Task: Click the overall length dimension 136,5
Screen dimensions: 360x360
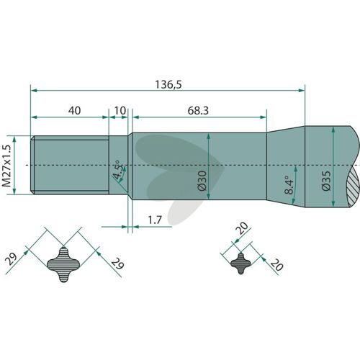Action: click(168, 84)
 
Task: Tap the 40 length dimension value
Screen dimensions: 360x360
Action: click(74, 111)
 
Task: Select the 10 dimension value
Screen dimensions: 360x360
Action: click(120, 111)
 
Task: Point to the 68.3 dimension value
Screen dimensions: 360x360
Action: click(198, 111)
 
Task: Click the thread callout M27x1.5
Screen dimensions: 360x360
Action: click(7, 166)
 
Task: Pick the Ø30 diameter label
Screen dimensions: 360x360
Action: click(202, 181)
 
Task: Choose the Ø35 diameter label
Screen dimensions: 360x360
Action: click(326, 181)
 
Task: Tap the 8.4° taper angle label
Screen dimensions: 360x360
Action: click(289, 184)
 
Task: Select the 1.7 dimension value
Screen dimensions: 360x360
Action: click(155, 220)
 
